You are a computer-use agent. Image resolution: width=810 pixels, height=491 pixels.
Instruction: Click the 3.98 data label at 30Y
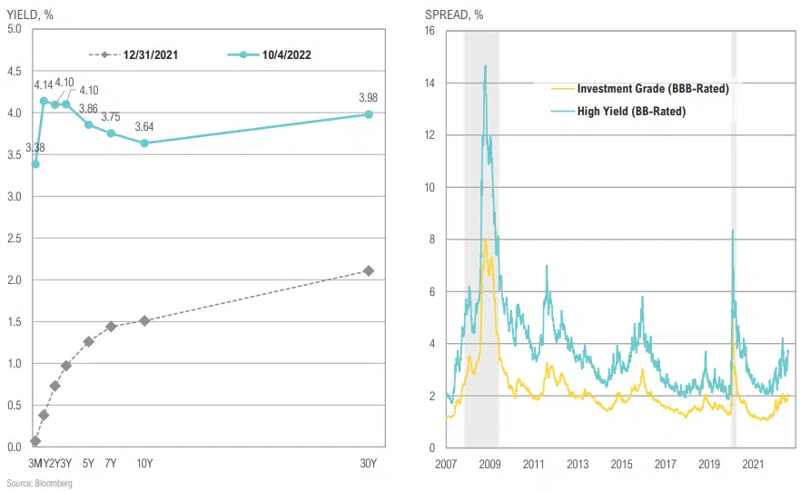(x=368, y=98)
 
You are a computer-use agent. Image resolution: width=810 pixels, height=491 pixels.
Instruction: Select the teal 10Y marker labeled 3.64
(x=144, y=142)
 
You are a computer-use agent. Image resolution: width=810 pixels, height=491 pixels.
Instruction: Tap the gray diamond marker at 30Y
(x=368, y=270)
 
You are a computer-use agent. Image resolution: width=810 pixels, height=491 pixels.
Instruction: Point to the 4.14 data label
(x=44, y=85)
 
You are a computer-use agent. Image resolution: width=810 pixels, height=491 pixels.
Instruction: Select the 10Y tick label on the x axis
(x=144, y=464)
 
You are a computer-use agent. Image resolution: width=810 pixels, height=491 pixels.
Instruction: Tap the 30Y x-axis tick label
(x=368, y=464)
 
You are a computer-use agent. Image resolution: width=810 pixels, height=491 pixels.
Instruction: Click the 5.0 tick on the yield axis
(x=14, y=29)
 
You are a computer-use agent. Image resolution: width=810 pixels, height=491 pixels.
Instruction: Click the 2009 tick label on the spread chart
(x=489, y=464)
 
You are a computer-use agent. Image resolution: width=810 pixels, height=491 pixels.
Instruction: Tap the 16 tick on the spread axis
(x=431, y=31)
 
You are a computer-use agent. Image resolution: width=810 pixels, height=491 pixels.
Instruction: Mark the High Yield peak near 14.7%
(x=485, y=65)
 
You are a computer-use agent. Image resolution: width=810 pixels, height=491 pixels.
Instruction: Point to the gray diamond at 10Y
(x=144, y=320)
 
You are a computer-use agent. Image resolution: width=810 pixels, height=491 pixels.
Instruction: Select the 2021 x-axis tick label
(x=752, y=464)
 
